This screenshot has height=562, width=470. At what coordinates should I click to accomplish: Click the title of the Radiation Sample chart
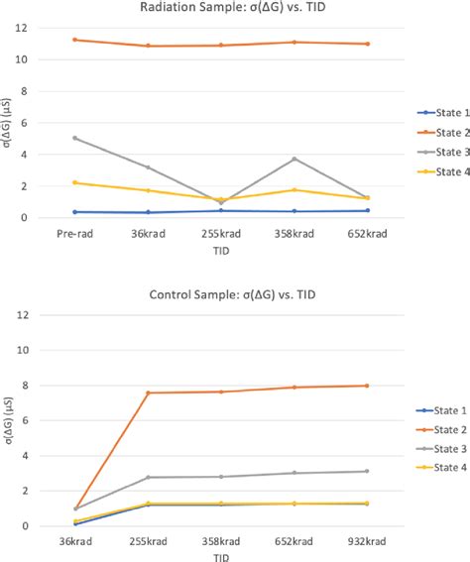pyautogui.click(x=234, y=8)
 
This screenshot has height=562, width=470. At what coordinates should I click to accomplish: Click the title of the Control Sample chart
pyautogui.click(x=234, y=294)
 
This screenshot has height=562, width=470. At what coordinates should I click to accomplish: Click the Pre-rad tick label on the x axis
pyautogui.click(x=74, y=234)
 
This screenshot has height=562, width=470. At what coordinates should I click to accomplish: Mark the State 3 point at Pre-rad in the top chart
pyautogui.click(x=74, y=139)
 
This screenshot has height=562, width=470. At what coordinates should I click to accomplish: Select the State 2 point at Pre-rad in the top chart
pyautogui.click(x=74, y=40)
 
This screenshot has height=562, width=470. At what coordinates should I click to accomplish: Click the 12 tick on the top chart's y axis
pyautogui.click(x=36, y=28)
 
